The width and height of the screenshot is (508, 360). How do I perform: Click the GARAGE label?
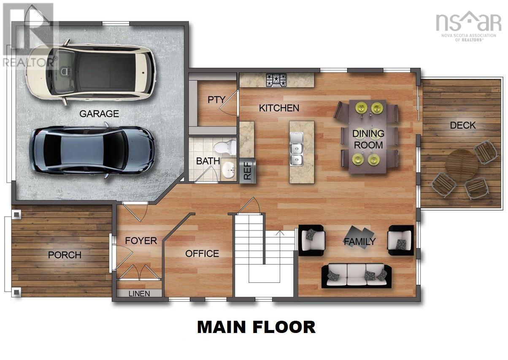(99, 114)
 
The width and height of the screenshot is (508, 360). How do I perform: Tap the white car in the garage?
(91, 71)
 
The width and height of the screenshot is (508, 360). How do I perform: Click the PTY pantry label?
(216, 100)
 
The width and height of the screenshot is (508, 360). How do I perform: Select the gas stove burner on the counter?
(276, 79)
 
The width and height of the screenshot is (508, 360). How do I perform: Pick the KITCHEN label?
(279, 108)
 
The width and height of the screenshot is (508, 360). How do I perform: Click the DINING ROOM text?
(368, 139)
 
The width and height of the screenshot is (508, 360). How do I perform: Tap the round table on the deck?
(462, 164)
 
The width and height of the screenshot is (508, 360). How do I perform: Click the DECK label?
(462, 125)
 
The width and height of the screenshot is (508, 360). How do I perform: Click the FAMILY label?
(359, 242)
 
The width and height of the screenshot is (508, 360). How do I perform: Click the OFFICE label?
(202, 254)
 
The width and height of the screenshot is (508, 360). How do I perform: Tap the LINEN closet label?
(139, 293)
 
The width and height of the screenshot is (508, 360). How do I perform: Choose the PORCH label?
(65, 255)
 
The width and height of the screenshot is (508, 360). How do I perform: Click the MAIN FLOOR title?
(256, 327)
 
